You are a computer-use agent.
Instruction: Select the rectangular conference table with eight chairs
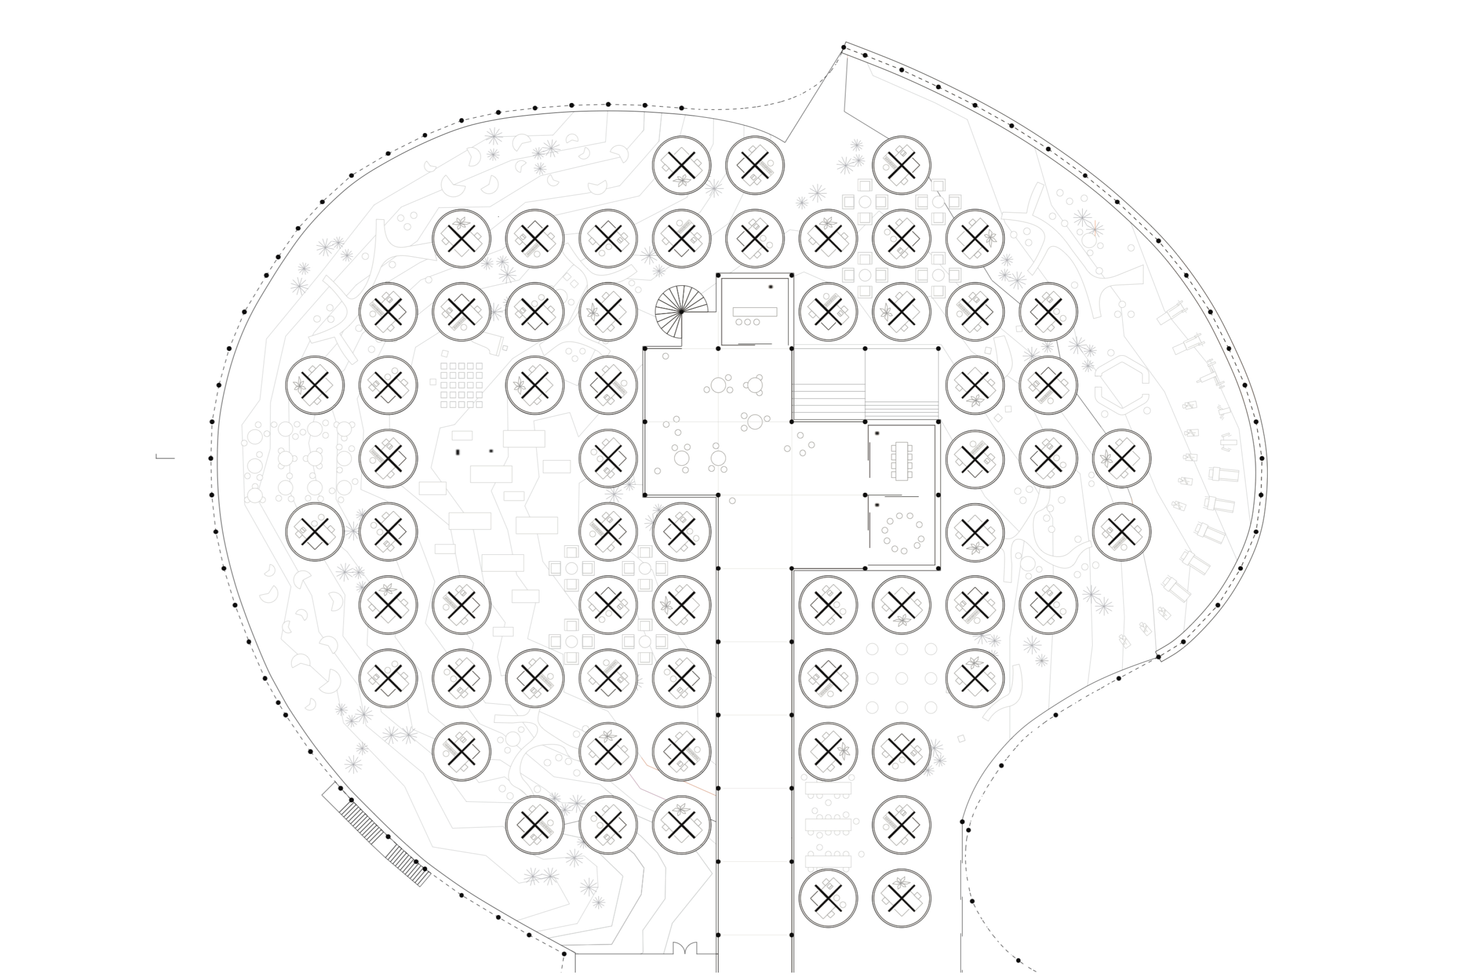coord(901,461)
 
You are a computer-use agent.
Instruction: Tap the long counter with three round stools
coord(754,312)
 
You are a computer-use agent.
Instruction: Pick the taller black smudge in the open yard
coord(458,452)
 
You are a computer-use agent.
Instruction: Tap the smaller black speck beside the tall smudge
coord(491,450)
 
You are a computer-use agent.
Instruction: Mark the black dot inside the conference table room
coord(877,433)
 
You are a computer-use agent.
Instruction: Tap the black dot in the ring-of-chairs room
coord(877,505)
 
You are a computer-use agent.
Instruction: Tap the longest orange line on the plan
coord(673,778)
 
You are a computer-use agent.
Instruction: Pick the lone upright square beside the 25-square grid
coord(433,381)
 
